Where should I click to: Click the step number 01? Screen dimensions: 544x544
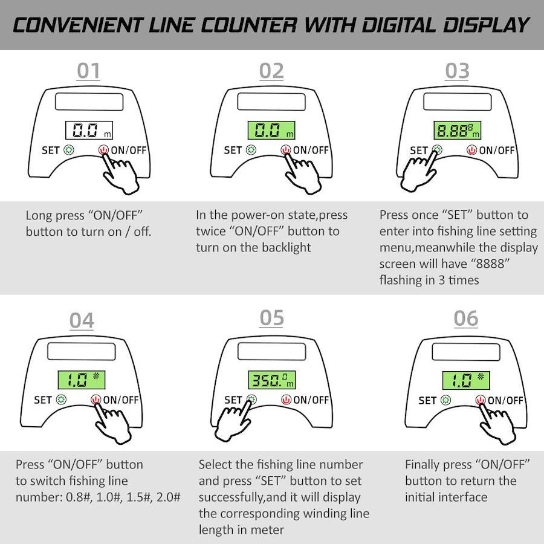[88, 71]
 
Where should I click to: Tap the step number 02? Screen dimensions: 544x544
[271, 71]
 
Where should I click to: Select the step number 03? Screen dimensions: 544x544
[458, 71]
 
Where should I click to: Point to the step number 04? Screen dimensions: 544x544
[82, 320]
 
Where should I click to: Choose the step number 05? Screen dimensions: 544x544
[271, 318]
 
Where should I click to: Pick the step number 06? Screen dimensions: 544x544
[466, 319]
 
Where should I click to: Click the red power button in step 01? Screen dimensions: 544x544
[103, 150]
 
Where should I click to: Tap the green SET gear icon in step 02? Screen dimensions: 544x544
[251, 150]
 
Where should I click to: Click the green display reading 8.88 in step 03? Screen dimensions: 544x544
[458, 130]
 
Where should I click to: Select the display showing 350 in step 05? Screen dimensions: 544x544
[271, 380]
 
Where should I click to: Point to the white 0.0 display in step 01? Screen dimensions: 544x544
[89, 130]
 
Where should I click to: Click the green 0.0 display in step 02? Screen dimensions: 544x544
[271, 130]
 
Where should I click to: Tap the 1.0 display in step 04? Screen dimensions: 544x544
[82, 380]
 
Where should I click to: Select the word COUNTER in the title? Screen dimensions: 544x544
[249, 25]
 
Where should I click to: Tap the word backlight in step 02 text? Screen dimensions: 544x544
[287, 248]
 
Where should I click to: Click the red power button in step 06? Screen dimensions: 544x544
[481, 400]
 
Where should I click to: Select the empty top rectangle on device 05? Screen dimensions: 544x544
[271, 352]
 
